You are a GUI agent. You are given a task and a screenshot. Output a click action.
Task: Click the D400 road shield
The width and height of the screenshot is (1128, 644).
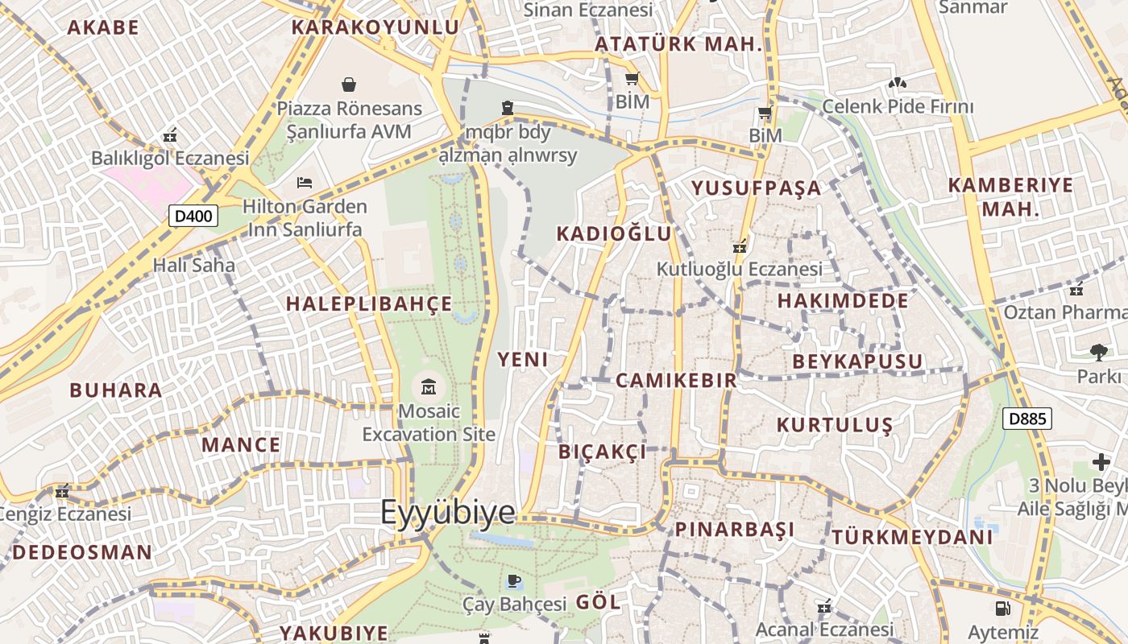pyautogui.click(x=193, y=215)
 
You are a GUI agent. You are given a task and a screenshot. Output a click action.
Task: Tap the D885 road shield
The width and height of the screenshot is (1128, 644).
pyautogui.click(x=1027, y=418)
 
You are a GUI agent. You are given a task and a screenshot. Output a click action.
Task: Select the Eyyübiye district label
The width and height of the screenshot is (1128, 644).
pyautogui.click(x=447, y=512)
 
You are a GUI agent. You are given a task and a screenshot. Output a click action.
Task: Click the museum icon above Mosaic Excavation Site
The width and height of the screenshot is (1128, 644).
pyautogui.click(x=429, y=386)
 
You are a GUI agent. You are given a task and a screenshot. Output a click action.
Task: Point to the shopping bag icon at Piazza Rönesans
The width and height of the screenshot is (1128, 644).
pyautogui.click(x=349, y=85)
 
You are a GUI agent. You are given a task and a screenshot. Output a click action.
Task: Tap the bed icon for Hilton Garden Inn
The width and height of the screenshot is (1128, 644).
pyautogui.click(x=305, y=183)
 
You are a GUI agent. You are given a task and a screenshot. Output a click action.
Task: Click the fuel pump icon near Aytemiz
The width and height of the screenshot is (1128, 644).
pyautogui.click(x=1003, y=609)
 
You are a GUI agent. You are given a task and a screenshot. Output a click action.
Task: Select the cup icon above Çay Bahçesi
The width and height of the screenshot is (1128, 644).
pyautogui.click(x=514, y=580)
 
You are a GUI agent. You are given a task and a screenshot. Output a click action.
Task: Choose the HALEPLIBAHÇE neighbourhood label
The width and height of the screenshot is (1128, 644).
pyautogui.click(x=369, y=303)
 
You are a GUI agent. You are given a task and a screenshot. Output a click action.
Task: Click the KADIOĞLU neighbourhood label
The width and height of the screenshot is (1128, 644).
pyautogui.click(x=614, y=233)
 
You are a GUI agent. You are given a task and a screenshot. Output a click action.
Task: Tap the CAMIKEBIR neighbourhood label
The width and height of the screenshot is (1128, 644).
pyautogui.click(x=676, y=380)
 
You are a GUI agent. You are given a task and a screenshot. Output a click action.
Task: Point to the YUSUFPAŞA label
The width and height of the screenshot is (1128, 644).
pyautogui.click(x=756, y=188)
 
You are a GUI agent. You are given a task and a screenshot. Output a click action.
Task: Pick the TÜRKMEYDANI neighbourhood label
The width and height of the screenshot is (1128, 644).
pyautogui.click(x=912, y=536)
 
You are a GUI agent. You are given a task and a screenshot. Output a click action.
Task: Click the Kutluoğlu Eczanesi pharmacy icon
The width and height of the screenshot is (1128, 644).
pyautogui.click(x=740, y=246)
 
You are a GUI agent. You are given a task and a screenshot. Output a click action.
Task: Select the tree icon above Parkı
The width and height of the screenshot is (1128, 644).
pyautogui.click(x=1097, y=352)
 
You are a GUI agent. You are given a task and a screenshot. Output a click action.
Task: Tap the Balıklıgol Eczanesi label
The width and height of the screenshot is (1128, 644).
pyautogui.click(x=170, y=158)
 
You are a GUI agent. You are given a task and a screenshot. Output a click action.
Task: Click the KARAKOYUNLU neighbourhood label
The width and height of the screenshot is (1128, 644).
pyautogui.click(x=375, y=27)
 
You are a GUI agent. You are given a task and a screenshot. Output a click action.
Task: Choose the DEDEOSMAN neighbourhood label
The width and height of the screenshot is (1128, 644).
pyautogui.click(x=82, y=552)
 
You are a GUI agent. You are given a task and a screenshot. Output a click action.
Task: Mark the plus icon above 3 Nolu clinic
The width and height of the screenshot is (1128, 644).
pyautogui.click(x=1101, y=462)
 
